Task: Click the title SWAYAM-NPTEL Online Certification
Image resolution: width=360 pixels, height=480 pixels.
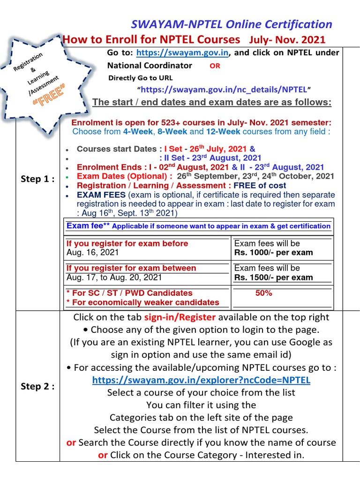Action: coord(231,24)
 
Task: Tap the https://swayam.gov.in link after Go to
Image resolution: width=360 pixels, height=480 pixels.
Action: coord(182,53)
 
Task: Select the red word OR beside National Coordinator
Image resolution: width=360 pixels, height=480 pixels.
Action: coord(215,66)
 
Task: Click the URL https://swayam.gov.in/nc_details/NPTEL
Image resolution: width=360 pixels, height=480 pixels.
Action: coord(224,89)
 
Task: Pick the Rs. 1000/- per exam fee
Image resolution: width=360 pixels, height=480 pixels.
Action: coord(273,253)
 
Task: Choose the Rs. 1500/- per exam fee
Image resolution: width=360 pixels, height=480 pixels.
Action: coord(273,277)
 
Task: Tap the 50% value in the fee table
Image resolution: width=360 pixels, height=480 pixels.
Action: coord(263,293)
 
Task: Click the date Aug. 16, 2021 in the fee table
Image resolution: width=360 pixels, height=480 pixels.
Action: coord(93,253)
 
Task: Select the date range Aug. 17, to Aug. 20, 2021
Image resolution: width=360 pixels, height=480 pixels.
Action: coord(114,277)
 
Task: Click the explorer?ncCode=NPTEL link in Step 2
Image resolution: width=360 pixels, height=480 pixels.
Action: coord(201,380)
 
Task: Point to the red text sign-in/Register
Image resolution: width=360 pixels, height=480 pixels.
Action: coord(180,317)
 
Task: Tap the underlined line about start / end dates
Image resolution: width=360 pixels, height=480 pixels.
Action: coord(212,103)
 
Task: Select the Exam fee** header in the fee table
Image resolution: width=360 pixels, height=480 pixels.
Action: coord(87,225)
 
